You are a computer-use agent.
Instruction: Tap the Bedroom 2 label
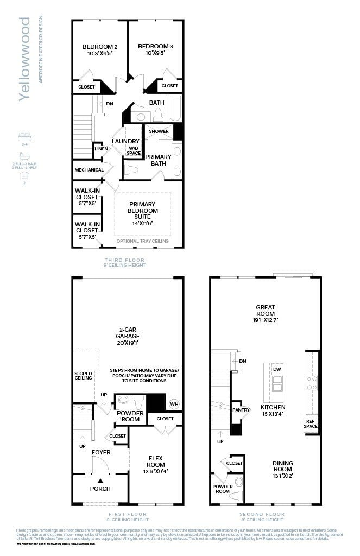[100, 47]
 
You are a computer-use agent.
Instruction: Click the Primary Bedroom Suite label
[142, 210]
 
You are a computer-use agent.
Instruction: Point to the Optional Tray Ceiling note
[142, 241]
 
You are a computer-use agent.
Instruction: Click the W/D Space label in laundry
[134, 150]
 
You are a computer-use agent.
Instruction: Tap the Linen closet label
[101, 149]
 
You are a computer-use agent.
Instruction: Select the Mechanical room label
[89, 170]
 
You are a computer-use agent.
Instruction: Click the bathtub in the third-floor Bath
[175, 109]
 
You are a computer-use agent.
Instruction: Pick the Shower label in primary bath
[159, 131]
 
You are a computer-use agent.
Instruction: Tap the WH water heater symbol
[174, 403]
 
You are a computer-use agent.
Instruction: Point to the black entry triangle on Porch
[100, 480]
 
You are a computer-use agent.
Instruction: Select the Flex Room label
[156, 465]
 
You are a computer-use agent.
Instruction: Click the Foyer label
[101, 452]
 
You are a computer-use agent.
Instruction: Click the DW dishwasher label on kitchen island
[277, 369]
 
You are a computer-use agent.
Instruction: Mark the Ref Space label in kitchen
[312, 424]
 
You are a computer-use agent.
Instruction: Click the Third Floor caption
[127, 260]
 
